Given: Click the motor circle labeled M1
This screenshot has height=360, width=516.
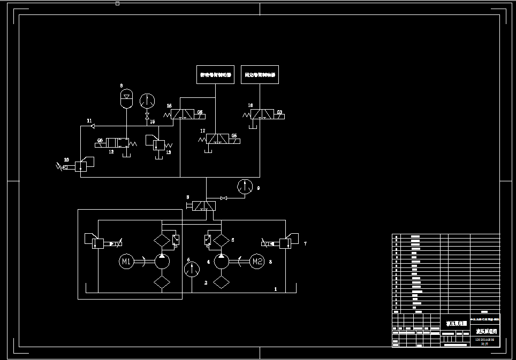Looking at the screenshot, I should click(126, 262).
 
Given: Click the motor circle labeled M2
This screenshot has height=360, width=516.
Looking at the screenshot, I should click(257, 262).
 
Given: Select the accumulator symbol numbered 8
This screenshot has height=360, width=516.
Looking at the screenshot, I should click(127, 98).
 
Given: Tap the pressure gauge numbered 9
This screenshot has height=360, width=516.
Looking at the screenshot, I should click(245, 187).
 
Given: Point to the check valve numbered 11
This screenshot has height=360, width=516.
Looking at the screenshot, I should click(93, 126).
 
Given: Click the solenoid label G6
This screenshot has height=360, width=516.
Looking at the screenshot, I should click(200, 112).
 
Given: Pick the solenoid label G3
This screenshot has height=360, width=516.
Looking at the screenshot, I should click(279, 112).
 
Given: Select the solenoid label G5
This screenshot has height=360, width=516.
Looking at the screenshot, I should click(234, 136).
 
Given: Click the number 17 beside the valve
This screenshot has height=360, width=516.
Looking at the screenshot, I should click(202, 131).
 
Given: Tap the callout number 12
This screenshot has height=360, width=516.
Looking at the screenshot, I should click(111, 152).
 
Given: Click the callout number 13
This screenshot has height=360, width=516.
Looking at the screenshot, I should click(168, 152).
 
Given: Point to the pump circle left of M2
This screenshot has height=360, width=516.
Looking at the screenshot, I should click(221, 262).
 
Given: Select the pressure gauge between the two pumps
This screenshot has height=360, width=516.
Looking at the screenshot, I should click(191, 269).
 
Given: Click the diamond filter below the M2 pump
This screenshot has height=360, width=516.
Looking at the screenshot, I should click(221, 282).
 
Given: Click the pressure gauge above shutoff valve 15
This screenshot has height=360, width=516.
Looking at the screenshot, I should click(147, 101).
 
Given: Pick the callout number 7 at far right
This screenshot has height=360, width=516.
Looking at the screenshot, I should click(305, 244).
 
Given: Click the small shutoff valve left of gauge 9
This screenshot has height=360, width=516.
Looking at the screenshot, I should click(224, 198).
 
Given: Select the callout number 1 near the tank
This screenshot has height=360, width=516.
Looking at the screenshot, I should click(276, 289).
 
